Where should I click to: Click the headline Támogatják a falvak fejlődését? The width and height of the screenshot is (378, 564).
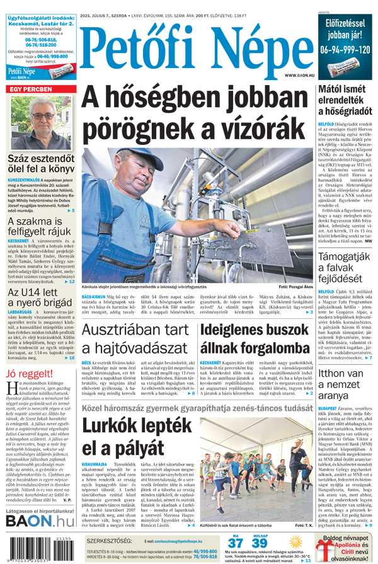[x=345, y=268]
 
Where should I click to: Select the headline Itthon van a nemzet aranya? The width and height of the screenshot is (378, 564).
[x=345, y=384]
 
